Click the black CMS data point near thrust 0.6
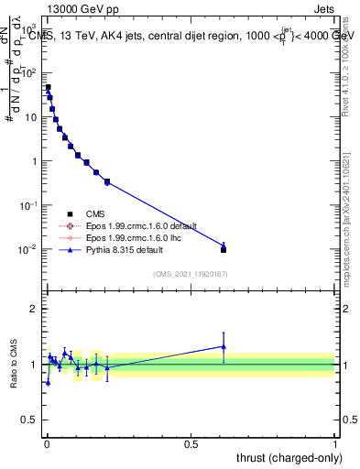tap(224, 249)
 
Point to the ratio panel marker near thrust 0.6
tap(224, 346)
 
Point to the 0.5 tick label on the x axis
tap(191, 442)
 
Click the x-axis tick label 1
tap(335, 442)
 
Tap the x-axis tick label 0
tap(47, 442)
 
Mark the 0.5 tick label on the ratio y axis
tap(31, 420)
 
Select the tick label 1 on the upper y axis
tap(35, 162)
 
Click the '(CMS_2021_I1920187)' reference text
tap(190, 274)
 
